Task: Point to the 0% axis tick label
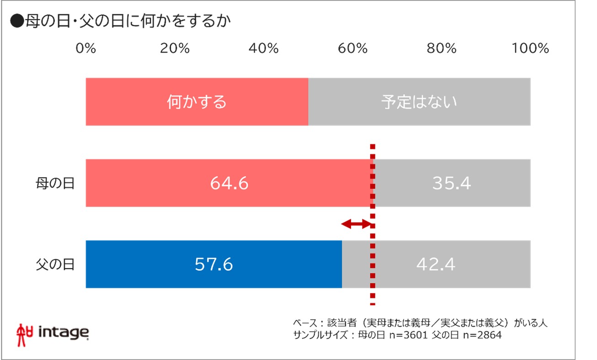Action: [86, 48]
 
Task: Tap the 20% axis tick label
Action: [175, 48]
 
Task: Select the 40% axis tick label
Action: [263, 48]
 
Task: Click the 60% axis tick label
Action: [352, 48]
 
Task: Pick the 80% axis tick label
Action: [441, 48]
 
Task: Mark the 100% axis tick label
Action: [530, 48]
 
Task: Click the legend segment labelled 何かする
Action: [197, 102]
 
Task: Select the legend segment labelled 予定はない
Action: [419, 102]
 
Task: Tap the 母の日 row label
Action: [55, 184]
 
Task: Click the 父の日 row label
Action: [55, 265]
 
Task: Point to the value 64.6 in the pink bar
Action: [229, 184]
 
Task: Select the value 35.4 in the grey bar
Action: [451, 184]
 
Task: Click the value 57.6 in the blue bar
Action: [213, 265]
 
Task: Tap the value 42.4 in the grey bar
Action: [436, 265]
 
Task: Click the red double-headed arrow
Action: [357, 223]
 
